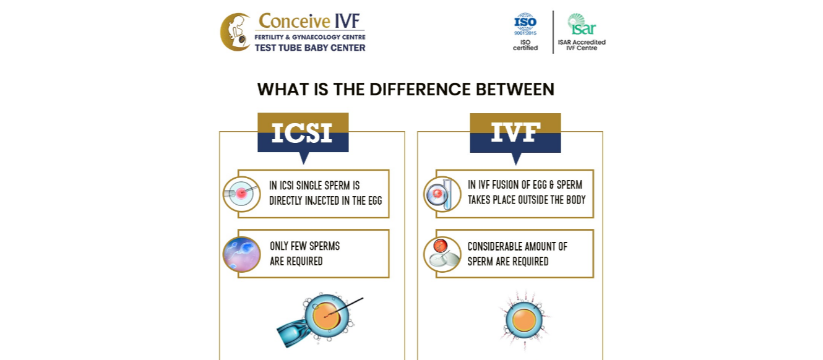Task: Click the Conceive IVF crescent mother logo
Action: coord(236,32)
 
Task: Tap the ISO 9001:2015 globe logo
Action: coord(525,24)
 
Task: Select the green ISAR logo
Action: coord(582,24)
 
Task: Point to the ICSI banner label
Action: coord(303,132)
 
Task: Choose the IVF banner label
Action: coord(515,132)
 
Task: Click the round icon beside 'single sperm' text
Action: coord(241,194)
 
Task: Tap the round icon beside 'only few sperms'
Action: coord(241,254)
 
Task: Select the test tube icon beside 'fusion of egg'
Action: coord(442,194)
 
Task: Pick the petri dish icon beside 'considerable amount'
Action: coord(442,254)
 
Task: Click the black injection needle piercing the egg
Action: coord(344,307)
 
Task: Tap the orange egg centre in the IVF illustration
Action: coord(524,320)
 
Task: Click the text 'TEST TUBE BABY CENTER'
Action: coord(310,48)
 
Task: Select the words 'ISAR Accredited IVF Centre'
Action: coord(582,45)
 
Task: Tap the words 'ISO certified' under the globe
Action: coord(525,45)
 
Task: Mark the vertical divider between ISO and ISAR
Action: coord(553,32)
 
